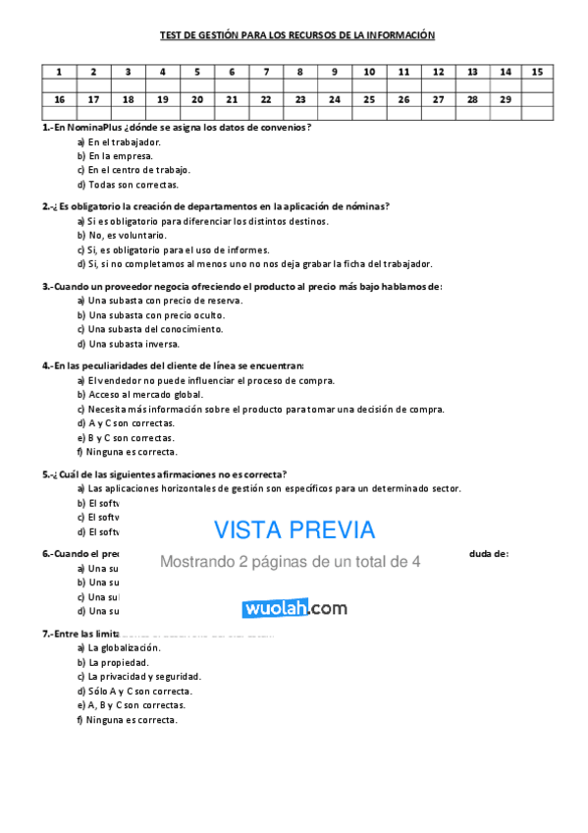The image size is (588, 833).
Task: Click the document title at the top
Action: pos(297,35)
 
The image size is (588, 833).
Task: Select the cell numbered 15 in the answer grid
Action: pos(536,72)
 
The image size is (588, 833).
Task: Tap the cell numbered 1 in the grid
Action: pos(59,72)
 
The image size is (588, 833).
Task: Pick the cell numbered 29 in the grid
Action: pos(506,99)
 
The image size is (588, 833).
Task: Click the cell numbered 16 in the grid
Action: pos(59,99)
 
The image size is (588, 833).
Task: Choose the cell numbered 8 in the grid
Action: pos(299,72)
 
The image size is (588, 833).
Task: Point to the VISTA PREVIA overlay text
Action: pos(294,530)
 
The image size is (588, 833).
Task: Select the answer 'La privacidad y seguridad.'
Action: pos(144,677)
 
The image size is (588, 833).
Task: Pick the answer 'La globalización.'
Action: pos(124,648)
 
